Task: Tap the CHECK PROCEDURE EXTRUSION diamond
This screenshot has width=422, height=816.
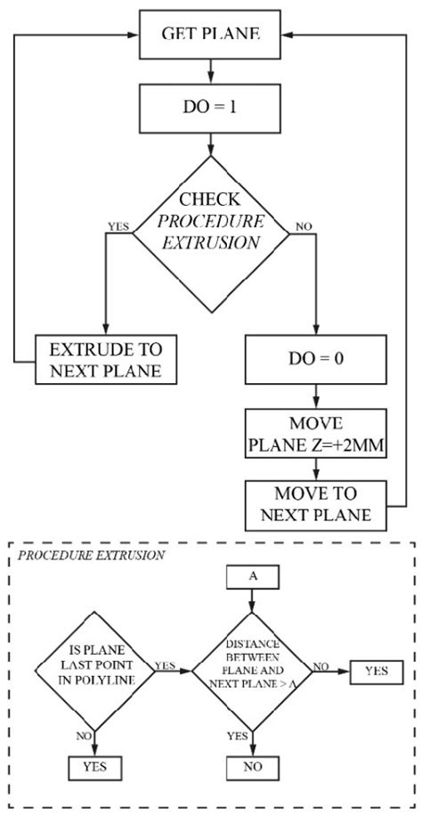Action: (210, 233)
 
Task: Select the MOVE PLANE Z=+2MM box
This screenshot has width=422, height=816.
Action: (316, 434)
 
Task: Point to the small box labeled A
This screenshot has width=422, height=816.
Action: (254, 601)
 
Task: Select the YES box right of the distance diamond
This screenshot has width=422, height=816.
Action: (375, 669)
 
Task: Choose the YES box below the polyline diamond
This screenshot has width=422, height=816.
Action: (95, 765)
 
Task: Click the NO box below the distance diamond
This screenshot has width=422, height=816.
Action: (254, 765)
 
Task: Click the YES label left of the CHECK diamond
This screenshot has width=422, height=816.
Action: (117, 225)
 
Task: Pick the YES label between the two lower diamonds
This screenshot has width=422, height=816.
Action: (165, 665)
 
